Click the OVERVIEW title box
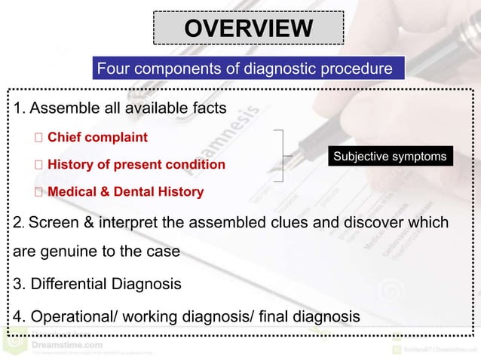tap(249, 29)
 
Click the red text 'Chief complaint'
tap(97, 138)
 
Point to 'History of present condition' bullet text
tap(136, 164)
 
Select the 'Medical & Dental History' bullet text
tap(125, 192)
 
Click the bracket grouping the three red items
tap(280, 156)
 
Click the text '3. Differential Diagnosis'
tap(97, 285)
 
